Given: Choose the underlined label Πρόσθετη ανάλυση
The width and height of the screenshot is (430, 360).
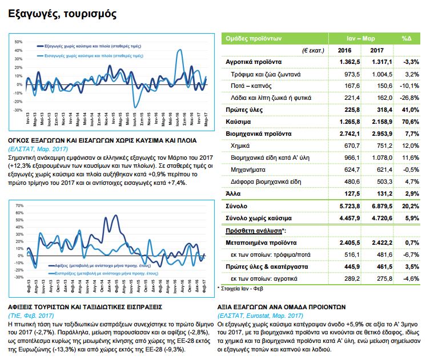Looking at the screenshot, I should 251,230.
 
